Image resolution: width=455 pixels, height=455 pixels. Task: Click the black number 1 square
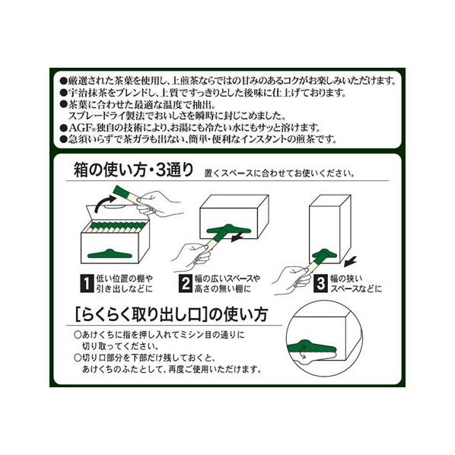pyautogui.click(x=87, y=284)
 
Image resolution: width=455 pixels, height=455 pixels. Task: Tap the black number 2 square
pyautogui.click(x=186, y=284)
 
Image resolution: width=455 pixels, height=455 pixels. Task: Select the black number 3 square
pyautogui.click(x=320, y=284)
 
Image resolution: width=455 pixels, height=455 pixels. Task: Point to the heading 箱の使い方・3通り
pyautogui.click(x=133, y=170)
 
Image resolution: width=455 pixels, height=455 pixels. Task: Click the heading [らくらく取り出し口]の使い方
pyautogui.click(x=171, y=314)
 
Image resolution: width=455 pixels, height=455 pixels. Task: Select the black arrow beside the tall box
pyautogui.click(x=350, y=262)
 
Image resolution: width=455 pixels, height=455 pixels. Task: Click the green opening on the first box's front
pyautogui.click(x=110, y=254)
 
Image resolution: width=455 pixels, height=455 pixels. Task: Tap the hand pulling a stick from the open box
pyautogui.click(x=158, y=203)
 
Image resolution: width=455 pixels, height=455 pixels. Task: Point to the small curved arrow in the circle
pyautogui.click(x=304, y=352)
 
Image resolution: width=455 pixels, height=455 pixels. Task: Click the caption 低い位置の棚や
pyautogui.click(x=125, y=278)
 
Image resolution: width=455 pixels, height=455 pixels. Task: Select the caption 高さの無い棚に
pyautogui.click(x=223, y=289)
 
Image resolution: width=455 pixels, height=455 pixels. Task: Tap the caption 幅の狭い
pyautogui.click(x=346, y=278)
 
